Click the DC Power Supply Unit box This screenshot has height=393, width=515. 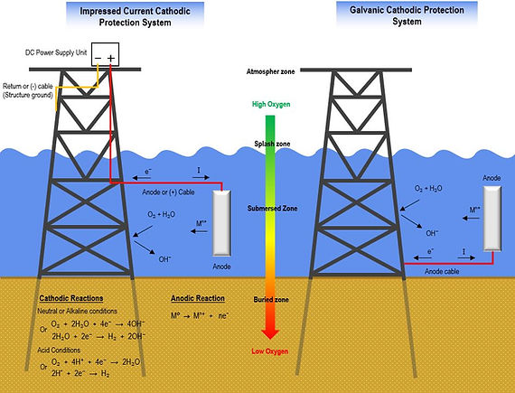(x=103, y=56)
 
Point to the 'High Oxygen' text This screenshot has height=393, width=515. (x=271, y=105)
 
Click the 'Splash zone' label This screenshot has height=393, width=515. (x=271, y=145)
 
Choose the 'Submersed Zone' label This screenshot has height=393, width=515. (x=272, y=209)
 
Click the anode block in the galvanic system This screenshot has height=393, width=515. (x=492, y=218)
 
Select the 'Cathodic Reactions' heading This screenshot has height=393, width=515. (x=72, y=298)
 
